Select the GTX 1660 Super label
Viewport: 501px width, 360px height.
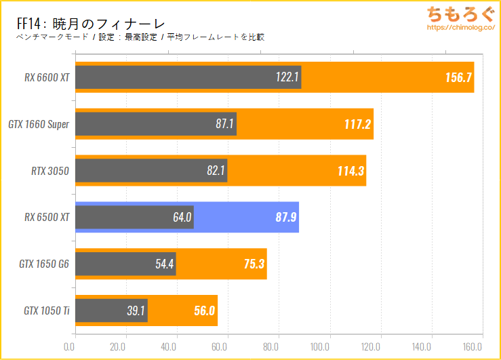click(x=39, y=124)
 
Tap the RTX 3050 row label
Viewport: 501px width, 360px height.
click(x=50, y=171)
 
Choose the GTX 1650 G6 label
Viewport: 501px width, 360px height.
click(x=44, y=264)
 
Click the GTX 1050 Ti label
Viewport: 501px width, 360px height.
click(x=46, y=311)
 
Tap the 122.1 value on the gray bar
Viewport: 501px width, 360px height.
click(x=287, y=77)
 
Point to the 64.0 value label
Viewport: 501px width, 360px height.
click(x=182, y=218)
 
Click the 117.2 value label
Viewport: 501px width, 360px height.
click(x=354, y=124)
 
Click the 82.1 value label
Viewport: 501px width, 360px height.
click(x=216, y=171)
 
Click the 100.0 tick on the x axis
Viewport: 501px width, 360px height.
click(x=329, y=347)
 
